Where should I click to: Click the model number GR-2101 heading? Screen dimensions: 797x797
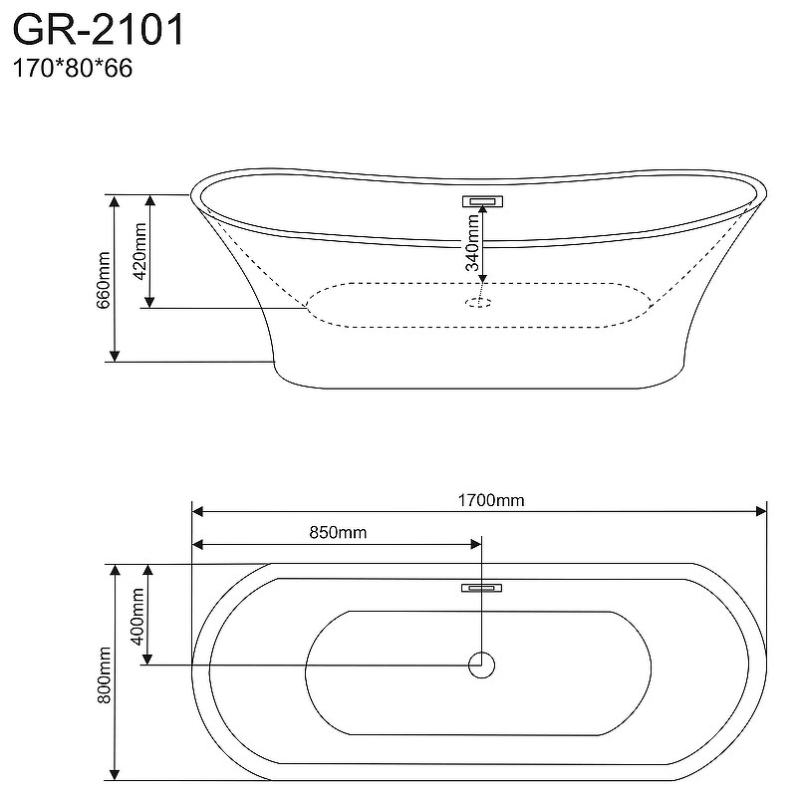[98, 30]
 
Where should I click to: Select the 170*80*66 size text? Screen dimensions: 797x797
[72, 68]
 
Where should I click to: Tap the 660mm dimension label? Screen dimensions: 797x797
[104, 280]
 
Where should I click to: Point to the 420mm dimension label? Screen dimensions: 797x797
[139, 251]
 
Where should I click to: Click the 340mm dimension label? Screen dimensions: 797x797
[472, 242]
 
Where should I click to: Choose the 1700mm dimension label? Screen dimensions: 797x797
[491, 501]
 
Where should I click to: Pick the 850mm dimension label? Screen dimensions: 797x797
[338, 532]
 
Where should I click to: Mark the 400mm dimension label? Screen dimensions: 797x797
[137, 616]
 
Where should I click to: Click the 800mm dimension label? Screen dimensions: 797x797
[104, 675]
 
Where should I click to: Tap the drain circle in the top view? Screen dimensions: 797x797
[481, 664]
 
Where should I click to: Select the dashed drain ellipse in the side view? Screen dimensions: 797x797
[478, 303]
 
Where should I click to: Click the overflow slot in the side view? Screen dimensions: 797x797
[482, 201]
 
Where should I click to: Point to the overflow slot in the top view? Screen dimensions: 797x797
[481, 588]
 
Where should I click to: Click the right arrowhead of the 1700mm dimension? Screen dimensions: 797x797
[761, 511]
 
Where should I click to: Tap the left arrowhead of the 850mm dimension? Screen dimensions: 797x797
[197, 545]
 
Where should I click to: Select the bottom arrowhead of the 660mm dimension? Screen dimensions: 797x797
[115, 356]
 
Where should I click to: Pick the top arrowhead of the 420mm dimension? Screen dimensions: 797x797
[149, 200]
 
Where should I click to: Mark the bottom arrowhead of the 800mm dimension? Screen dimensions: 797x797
[115, 774]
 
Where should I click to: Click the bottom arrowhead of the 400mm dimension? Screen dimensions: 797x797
[147, 660]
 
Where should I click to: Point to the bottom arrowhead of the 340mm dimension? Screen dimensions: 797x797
[483, 278]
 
